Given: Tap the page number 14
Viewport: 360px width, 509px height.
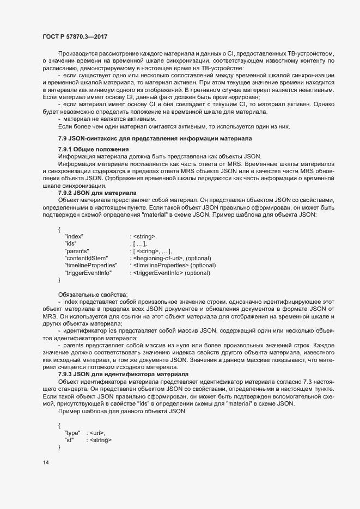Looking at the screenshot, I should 46,463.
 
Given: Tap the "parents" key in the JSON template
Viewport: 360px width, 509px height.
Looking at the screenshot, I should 77,250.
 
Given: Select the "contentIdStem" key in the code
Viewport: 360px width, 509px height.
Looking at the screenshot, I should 86,257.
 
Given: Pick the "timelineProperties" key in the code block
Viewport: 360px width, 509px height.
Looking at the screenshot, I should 90,265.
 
